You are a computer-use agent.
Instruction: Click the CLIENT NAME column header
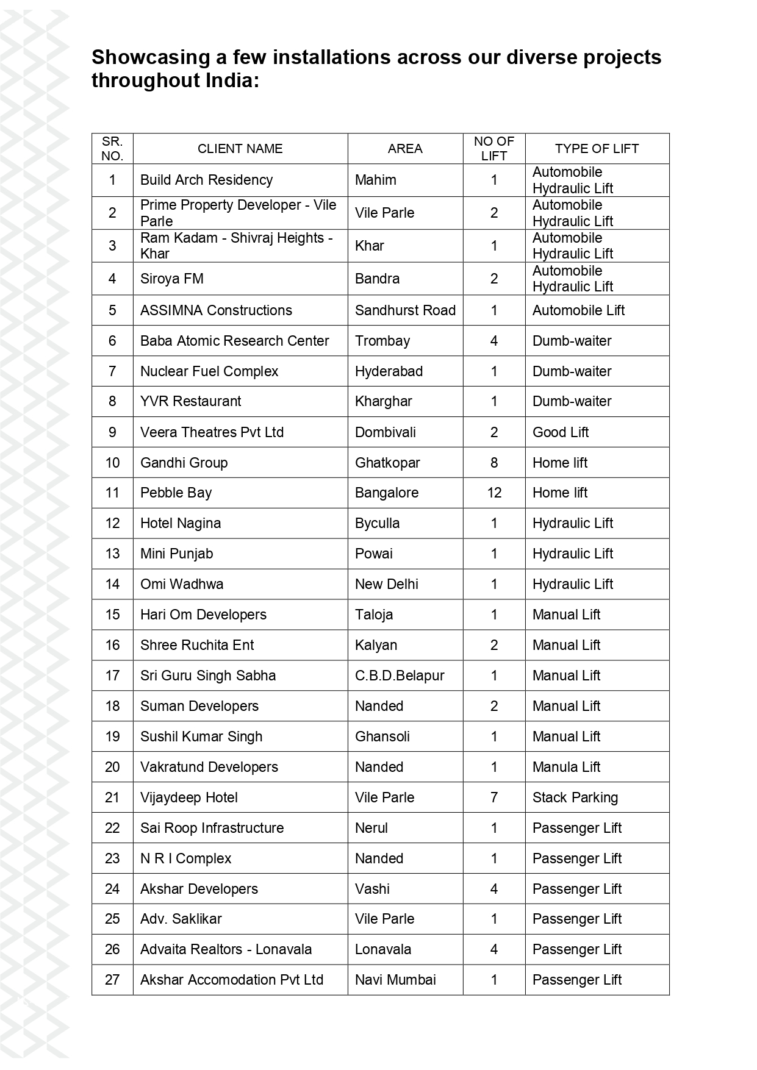pos(240,149)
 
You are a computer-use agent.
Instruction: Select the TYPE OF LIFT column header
pos(597,149)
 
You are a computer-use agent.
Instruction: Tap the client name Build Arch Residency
pos(206,180)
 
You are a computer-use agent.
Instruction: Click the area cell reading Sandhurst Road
pos(405,310)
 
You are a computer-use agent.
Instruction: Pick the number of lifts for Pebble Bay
pos(494,493)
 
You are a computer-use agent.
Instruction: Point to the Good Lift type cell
pos(561,432)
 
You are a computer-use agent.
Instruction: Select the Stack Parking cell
pos(575,797)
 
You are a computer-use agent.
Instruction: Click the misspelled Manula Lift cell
pos(566,767)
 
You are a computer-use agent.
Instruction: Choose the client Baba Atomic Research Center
pos(234,341)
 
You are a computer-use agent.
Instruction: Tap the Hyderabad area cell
pos(389,371)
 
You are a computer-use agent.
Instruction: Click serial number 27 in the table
pos(112,980)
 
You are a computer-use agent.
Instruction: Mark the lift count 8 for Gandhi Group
pos(494,463)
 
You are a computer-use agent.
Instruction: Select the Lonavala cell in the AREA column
pos(383,949)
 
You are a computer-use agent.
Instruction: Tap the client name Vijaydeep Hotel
pos(188,797)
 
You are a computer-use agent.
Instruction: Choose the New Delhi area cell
pos(387,584)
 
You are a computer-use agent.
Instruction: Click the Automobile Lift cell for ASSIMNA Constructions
pos(578,310)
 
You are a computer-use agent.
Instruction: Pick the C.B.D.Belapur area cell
pos(400,676)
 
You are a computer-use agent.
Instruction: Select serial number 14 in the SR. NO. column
pos(112,584)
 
